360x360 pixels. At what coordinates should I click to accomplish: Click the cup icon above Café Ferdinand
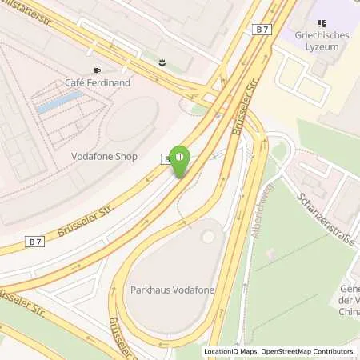click(x=96, y=70)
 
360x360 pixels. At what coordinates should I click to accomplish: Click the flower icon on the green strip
click(x=162, y=61)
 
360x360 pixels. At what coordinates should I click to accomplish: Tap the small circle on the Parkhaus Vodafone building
click(x=208, y=237)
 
